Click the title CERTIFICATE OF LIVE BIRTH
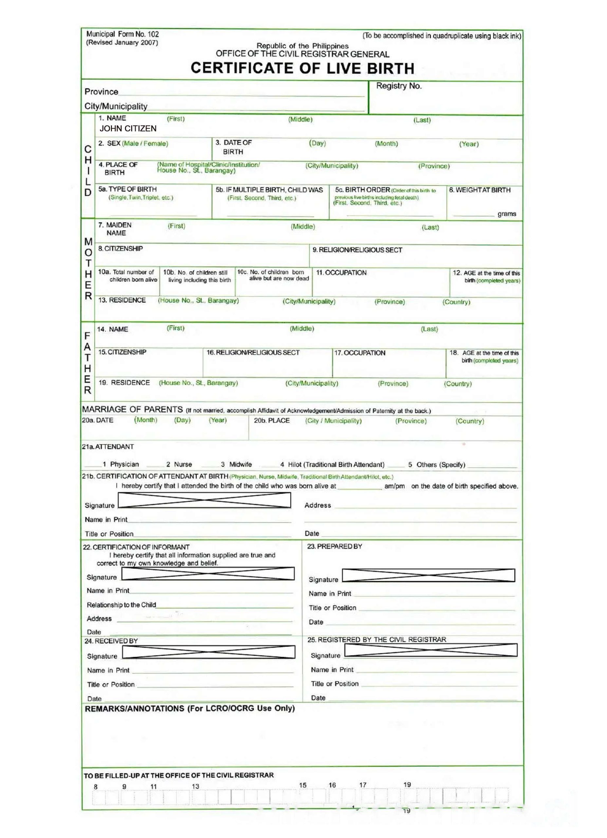tap(302, 68)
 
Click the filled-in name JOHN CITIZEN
tap(128, 129)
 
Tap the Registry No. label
tap(399, 86)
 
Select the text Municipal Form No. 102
tap(122, 34)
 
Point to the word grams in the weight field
tap(506, 214)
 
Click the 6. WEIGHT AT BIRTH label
tap(480, 190)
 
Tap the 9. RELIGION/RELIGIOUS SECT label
tap(357, 250)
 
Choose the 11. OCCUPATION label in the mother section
tap(341, 273)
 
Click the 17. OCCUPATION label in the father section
tap(359, 353)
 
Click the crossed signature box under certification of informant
tap(208, 574)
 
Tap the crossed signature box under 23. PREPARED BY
tap(428, 575)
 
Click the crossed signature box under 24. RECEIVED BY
tap(209, 652)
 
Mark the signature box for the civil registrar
tap(431, 650)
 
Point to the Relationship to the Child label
tap(121, 605)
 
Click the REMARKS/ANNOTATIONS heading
tap(190, 708)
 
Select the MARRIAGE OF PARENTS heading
tap(132, 410)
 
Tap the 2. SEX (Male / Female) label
tap(133, 143)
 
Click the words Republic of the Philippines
tap(302, 46)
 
